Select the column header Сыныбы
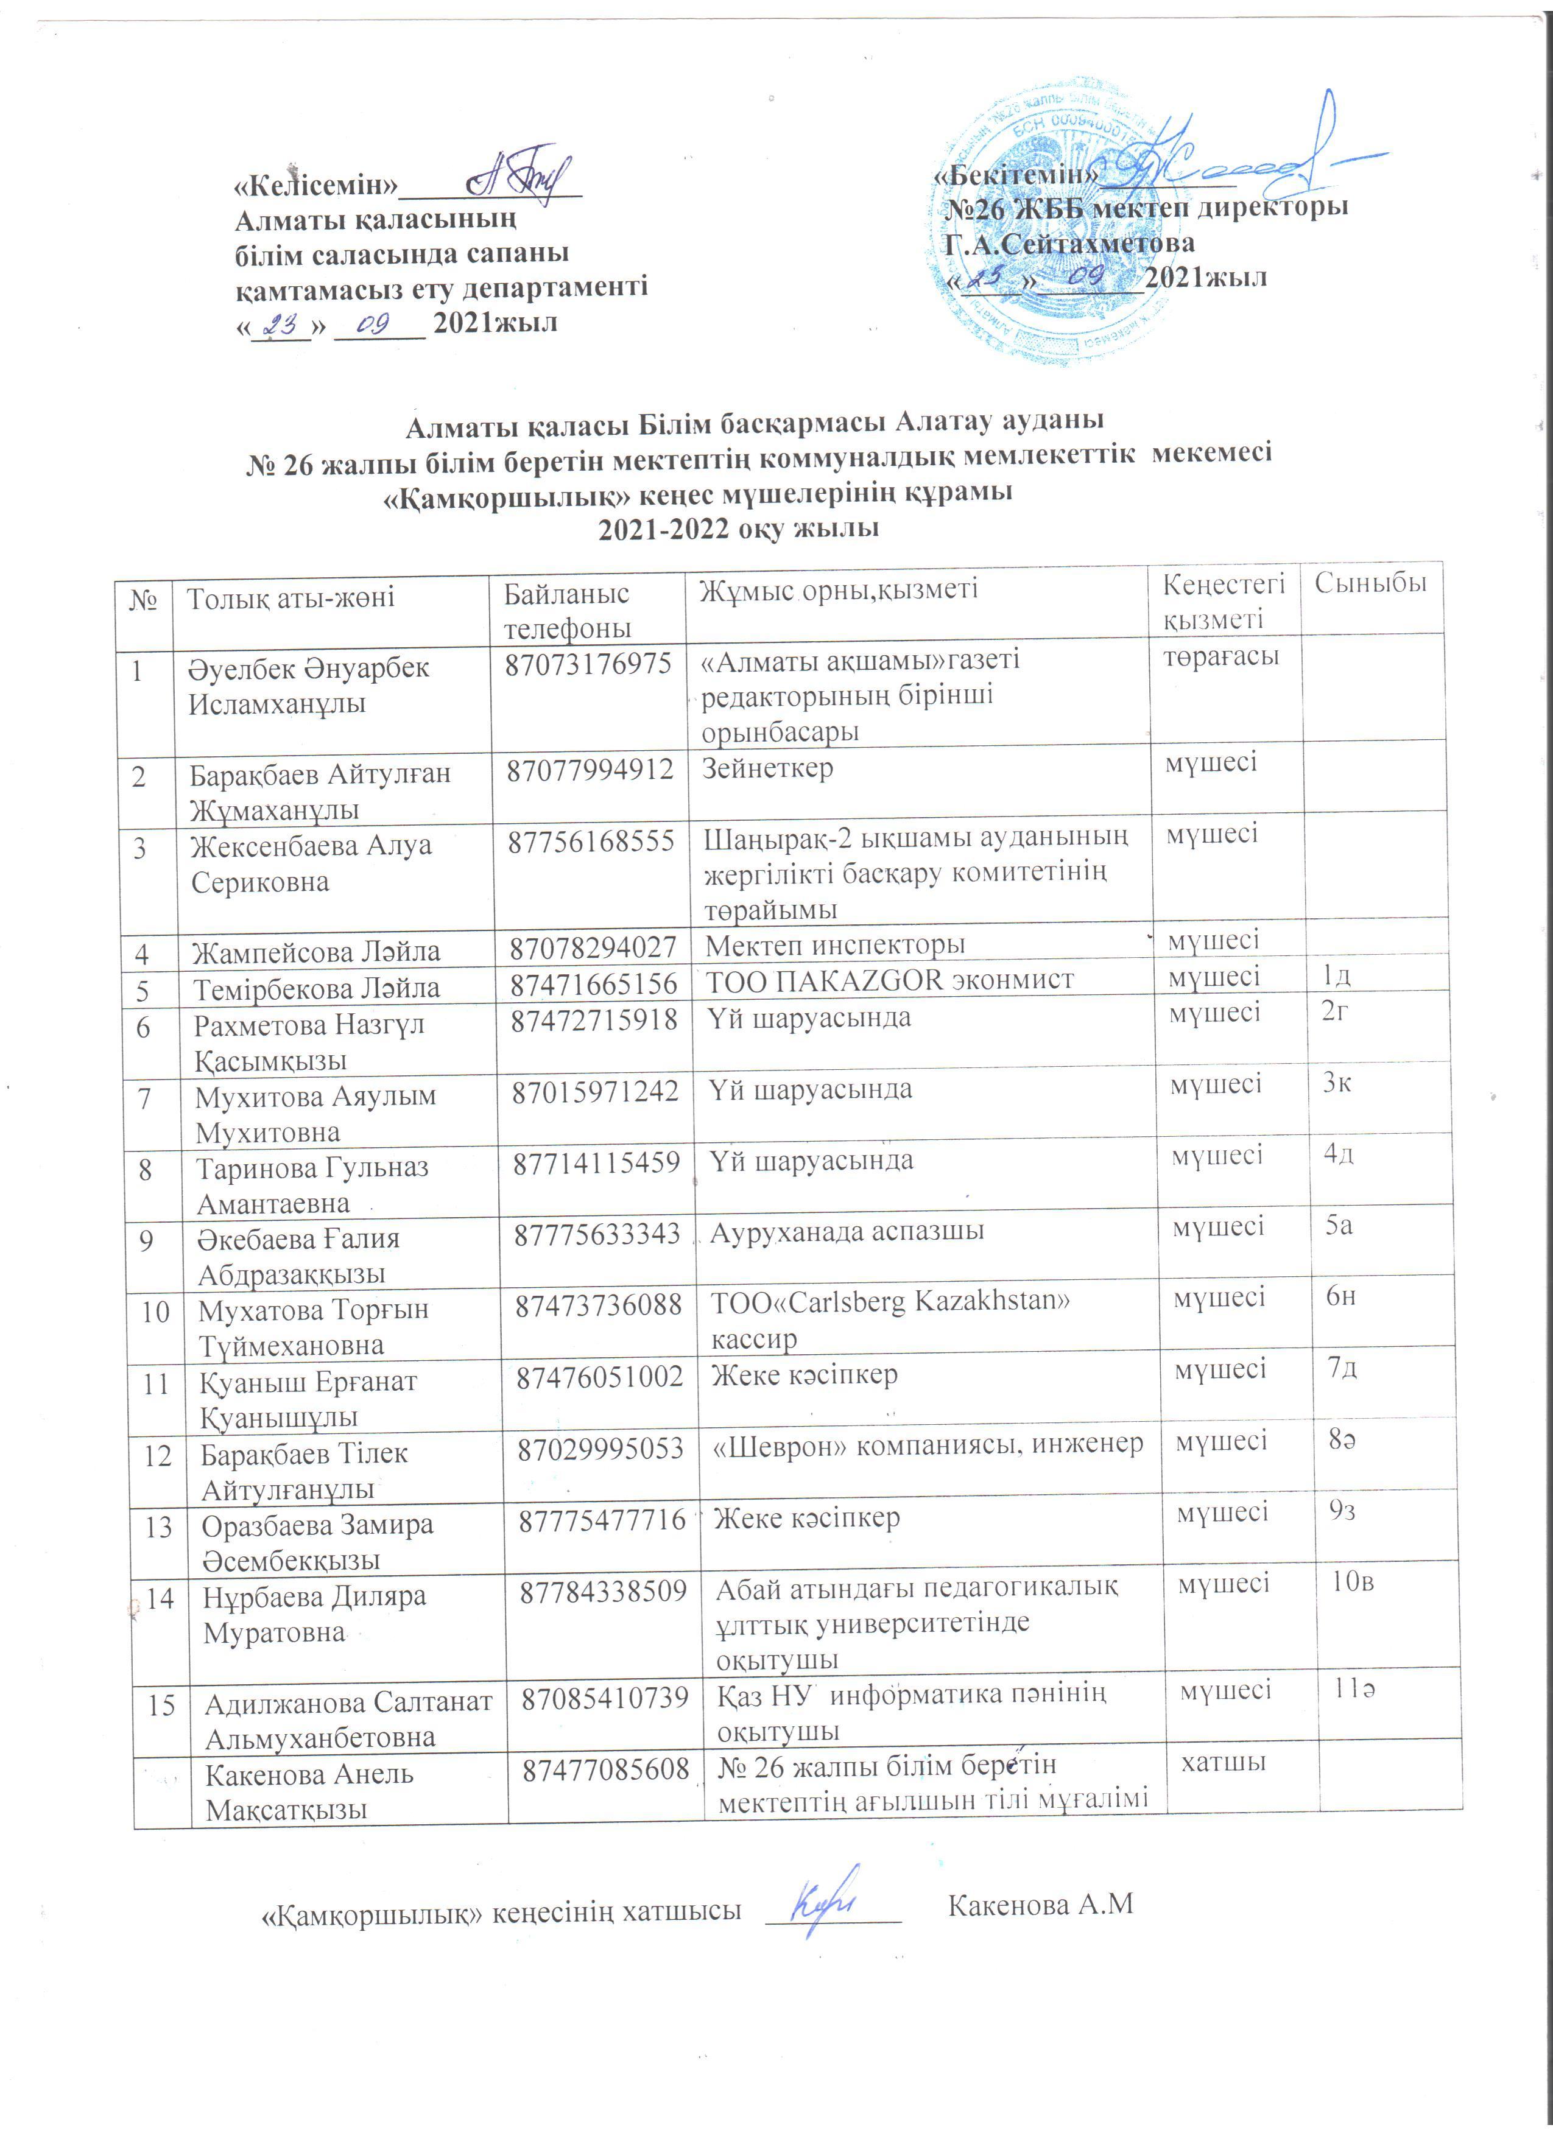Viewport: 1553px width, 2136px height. tap(1370, 583)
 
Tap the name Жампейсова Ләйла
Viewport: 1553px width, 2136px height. tap(317, 952)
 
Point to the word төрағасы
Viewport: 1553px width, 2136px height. tap(1220, 656)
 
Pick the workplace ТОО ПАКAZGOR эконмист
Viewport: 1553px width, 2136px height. tap(889, 980)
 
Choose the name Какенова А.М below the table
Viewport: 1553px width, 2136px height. tap(1040, 1905)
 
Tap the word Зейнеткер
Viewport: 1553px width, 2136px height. tap(767, 768)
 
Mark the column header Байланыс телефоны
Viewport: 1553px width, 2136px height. tap(567, 610)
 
